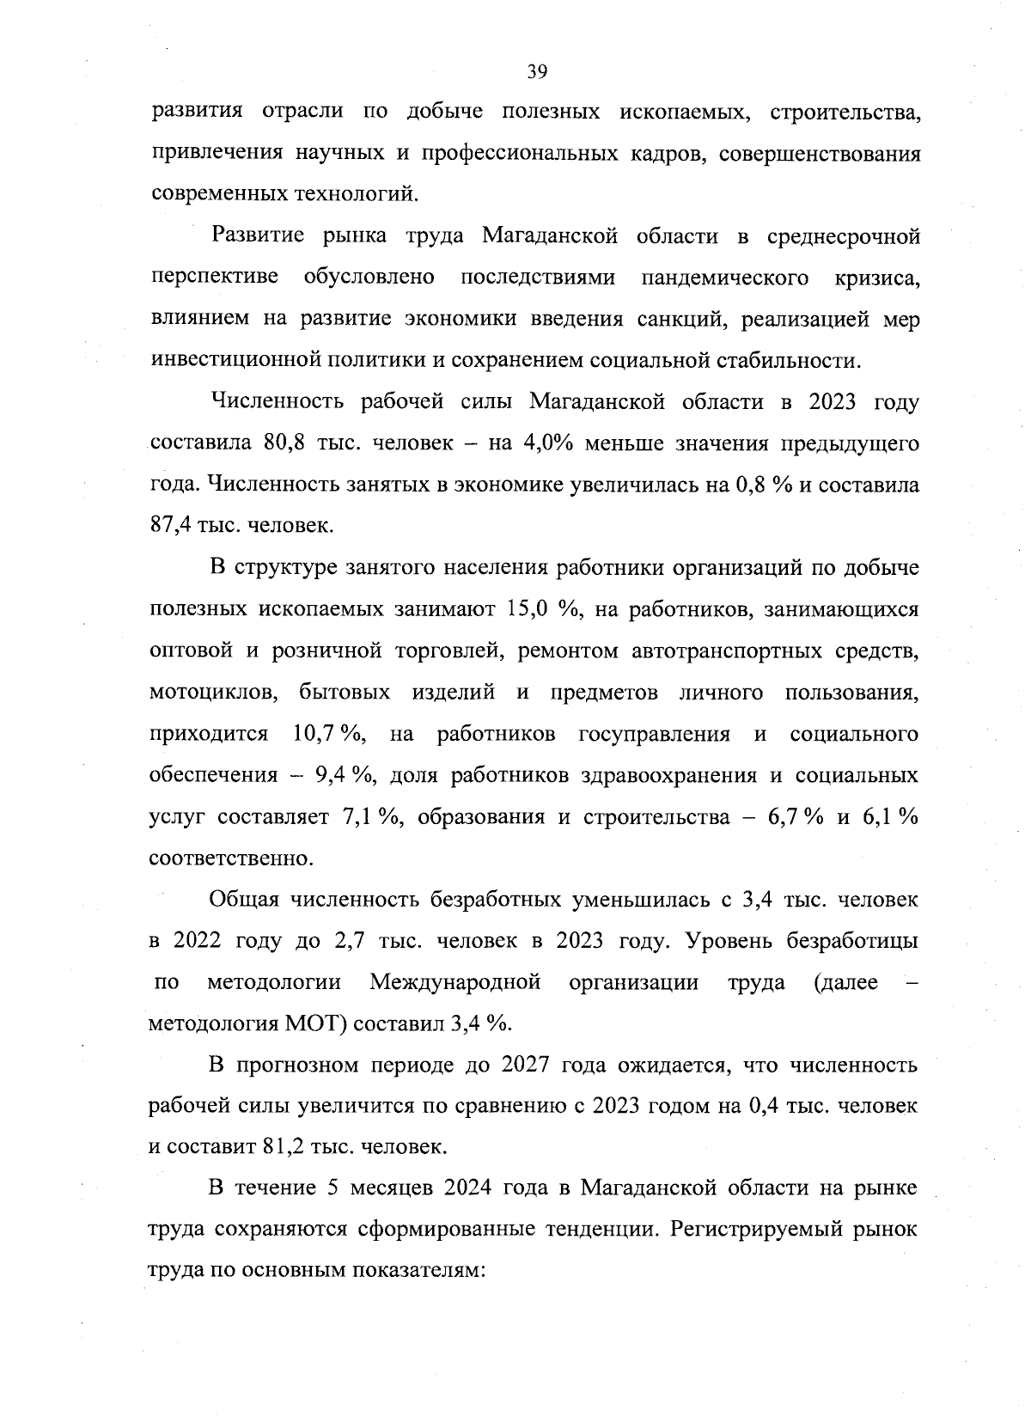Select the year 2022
point(198,940)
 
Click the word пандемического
point(725,278)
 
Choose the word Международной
point(455,981)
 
